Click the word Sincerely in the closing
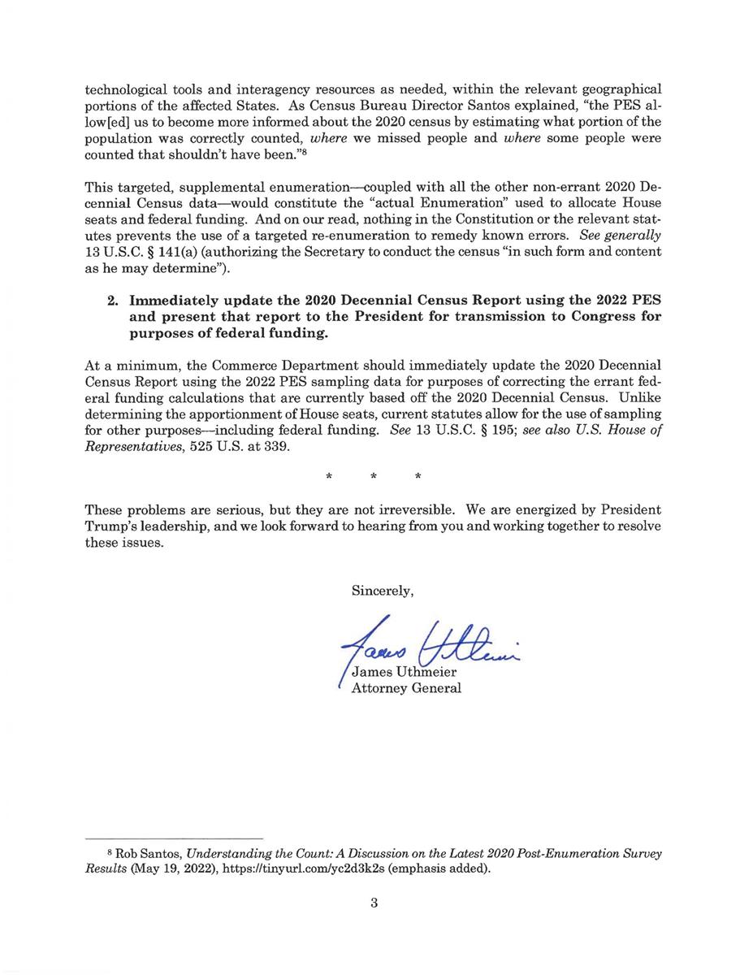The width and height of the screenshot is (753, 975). (383, 591)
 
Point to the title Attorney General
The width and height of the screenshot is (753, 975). (405, 689)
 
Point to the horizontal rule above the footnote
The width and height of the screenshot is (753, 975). (174, 838)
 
